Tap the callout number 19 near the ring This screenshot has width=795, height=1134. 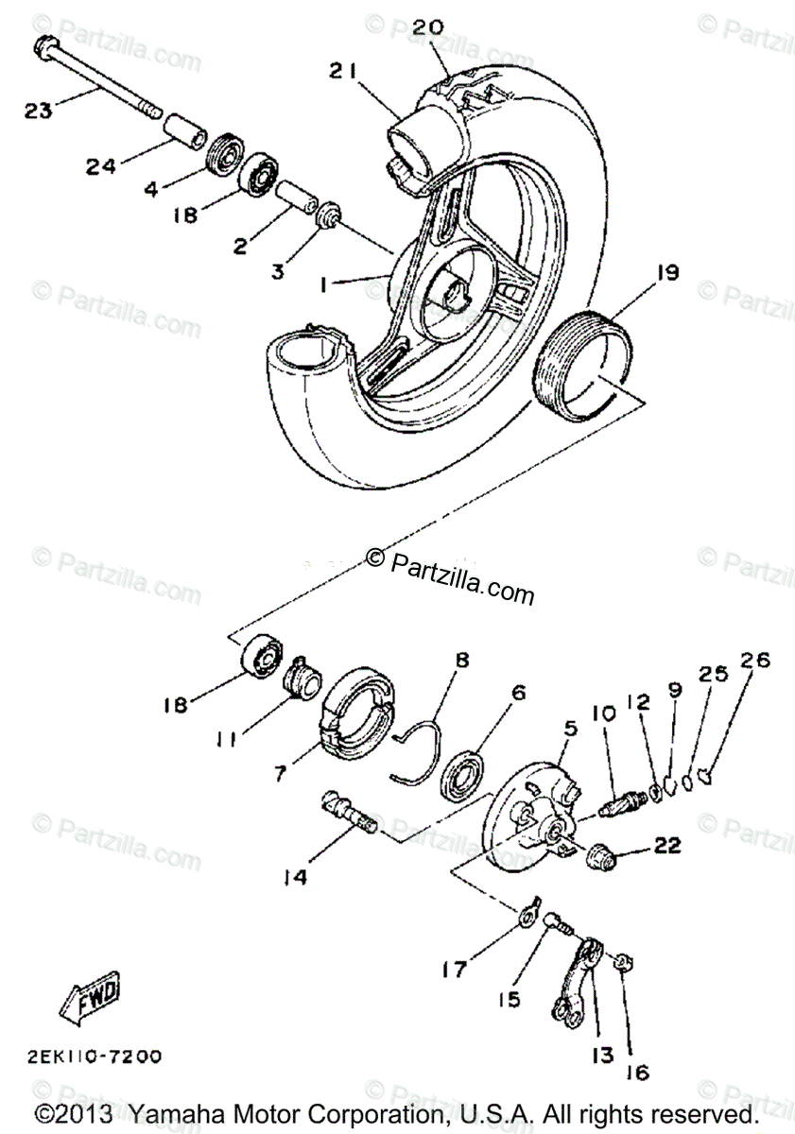click(x=666, y=274)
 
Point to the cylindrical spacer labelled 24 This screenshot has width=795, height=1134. click(x=187, y=129)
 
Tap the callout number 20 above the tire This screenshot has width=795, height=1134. click(x=427, y=27)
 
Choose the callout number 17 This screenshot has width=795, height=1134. click(x=456, y=970)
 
